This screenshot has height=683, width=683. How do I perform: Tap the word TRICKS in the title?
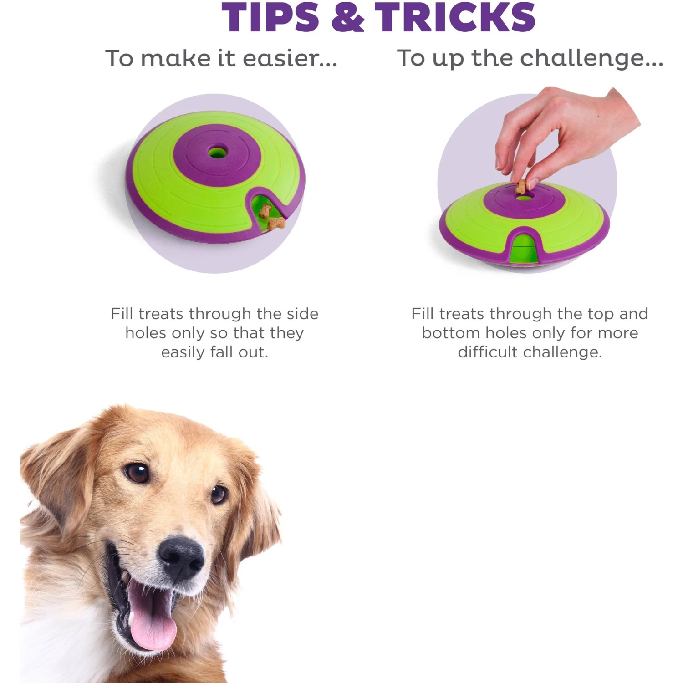click(x=455, y=17)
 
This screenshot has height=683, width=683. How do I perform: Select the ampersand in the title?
click(x=348, y=17)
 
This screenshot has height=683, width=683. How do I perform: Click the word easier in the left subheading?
click(x=290, y=58)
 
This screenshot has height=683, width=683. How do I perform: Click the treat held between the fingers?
click(x=521, y=186)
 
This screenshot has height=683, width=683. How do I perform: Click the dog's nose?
click(x=181, y=556)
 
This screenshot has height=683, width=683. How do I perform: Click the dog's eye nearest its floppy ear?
click(x=137, y=473)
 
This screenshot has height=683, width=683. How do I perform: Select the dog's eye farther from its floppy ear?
click(x=219, y=494)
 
